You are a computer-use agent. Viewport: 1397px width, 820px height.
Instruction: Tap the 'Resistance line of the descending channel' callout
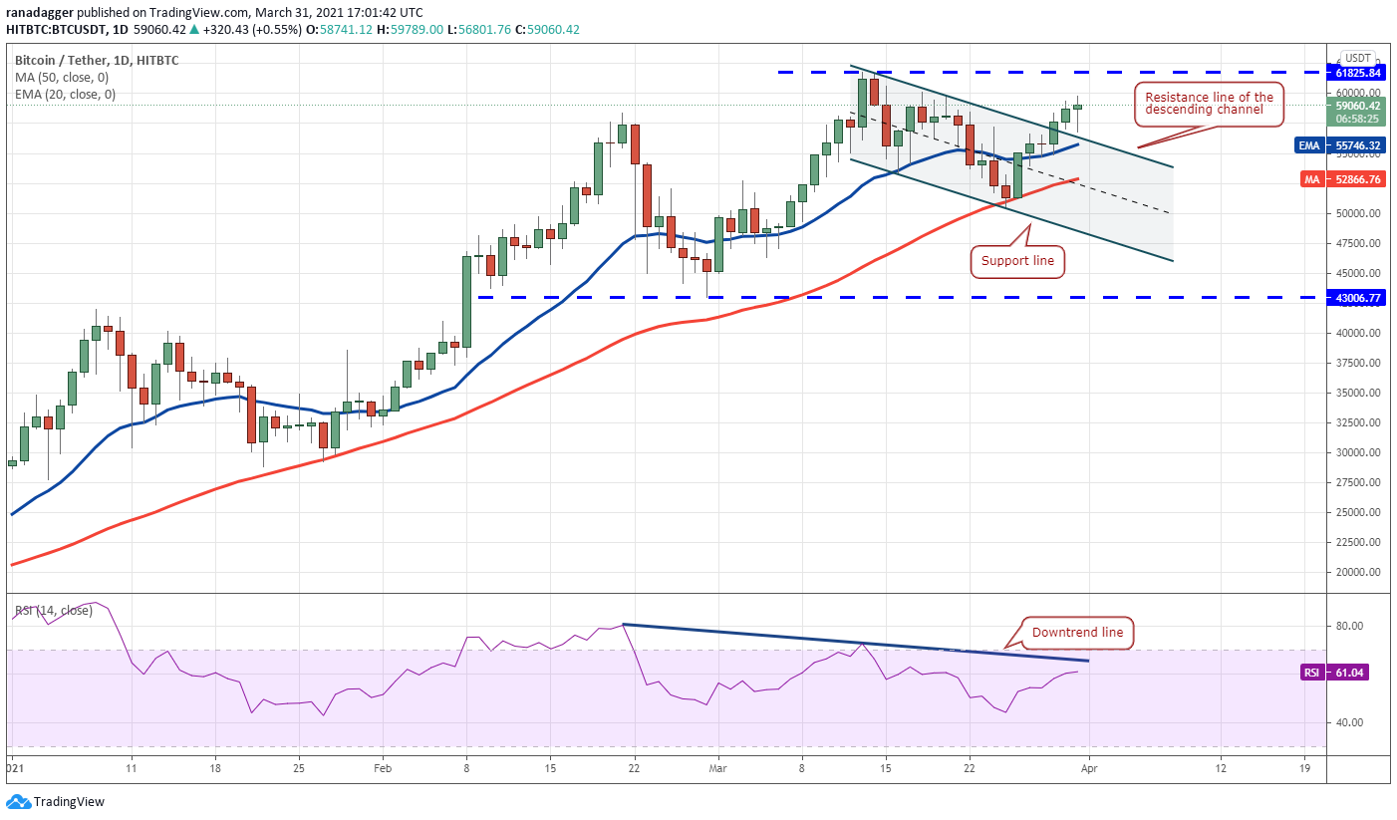[1210, 104]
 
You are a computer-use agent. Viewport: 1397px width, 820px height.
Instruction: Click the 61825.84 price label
[1358, 73]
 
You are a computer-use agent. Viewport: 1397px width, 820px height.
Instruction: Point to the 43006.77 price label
[1358, 297]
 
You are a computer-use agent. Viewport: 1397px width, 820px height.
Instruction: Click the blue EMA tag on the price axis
[1308, 145]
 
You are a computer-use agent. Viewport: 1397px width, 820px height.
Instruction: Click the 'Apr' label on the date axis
[1089, 770]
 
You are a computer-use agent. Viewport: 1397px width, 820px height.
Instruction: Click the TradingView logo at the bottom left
[57, 802]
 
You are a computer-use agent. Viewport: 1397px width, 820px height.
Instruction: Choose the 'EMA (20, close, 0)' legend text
[65, 94]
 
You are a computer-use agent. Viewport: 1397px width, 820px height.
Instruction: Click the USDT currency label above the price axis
[1357, 58]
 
